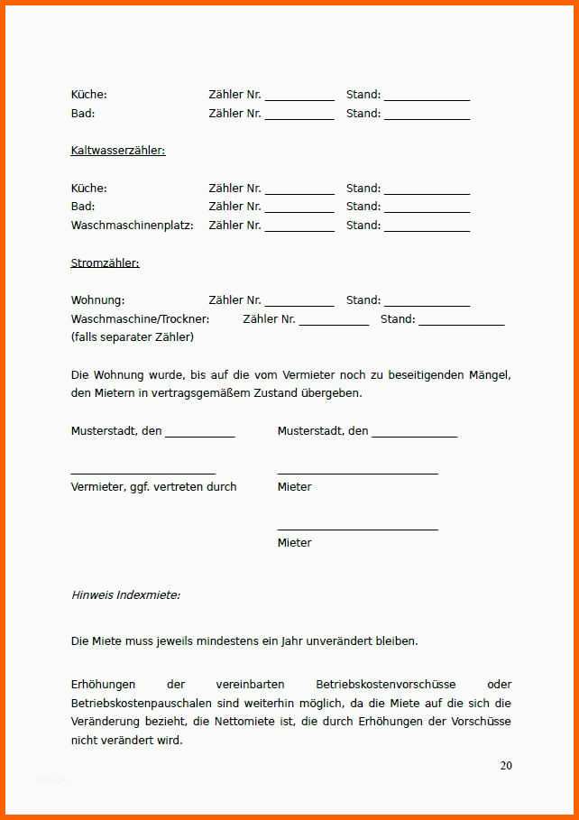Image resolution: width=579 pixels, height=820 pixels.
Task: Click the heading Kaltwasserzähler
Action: click(118, 151)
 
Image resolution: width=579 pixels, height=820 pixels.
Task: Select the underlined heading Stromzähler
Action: click(105, 263)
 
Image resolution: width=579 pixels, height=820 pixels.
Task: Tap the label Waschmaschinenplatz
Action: click(132, 226)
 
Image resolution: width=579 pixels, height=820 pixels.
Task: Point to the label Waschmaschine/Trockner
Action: click(140, 319)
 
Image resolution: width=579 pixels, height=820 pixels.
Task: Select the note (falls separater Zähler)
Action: click(132, 337)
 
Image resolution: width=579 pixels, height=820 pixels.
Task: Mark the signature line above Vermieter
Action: click(142, 473)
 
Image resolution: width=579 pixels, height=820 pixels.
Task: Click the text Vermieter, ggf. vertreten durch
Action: click(153, 487)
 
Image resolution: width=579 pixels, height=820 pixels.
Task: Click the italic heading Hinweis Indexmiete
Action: click(125, 595)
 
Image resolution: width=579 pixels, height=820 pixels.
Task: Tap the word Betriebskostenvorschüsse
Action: click(385, 685)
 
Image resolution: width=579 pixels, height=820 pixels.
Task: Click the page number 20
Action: click(506, 766)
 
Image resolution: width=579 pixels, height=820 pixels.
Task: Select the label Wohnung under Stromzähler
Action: click(97, 300)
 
